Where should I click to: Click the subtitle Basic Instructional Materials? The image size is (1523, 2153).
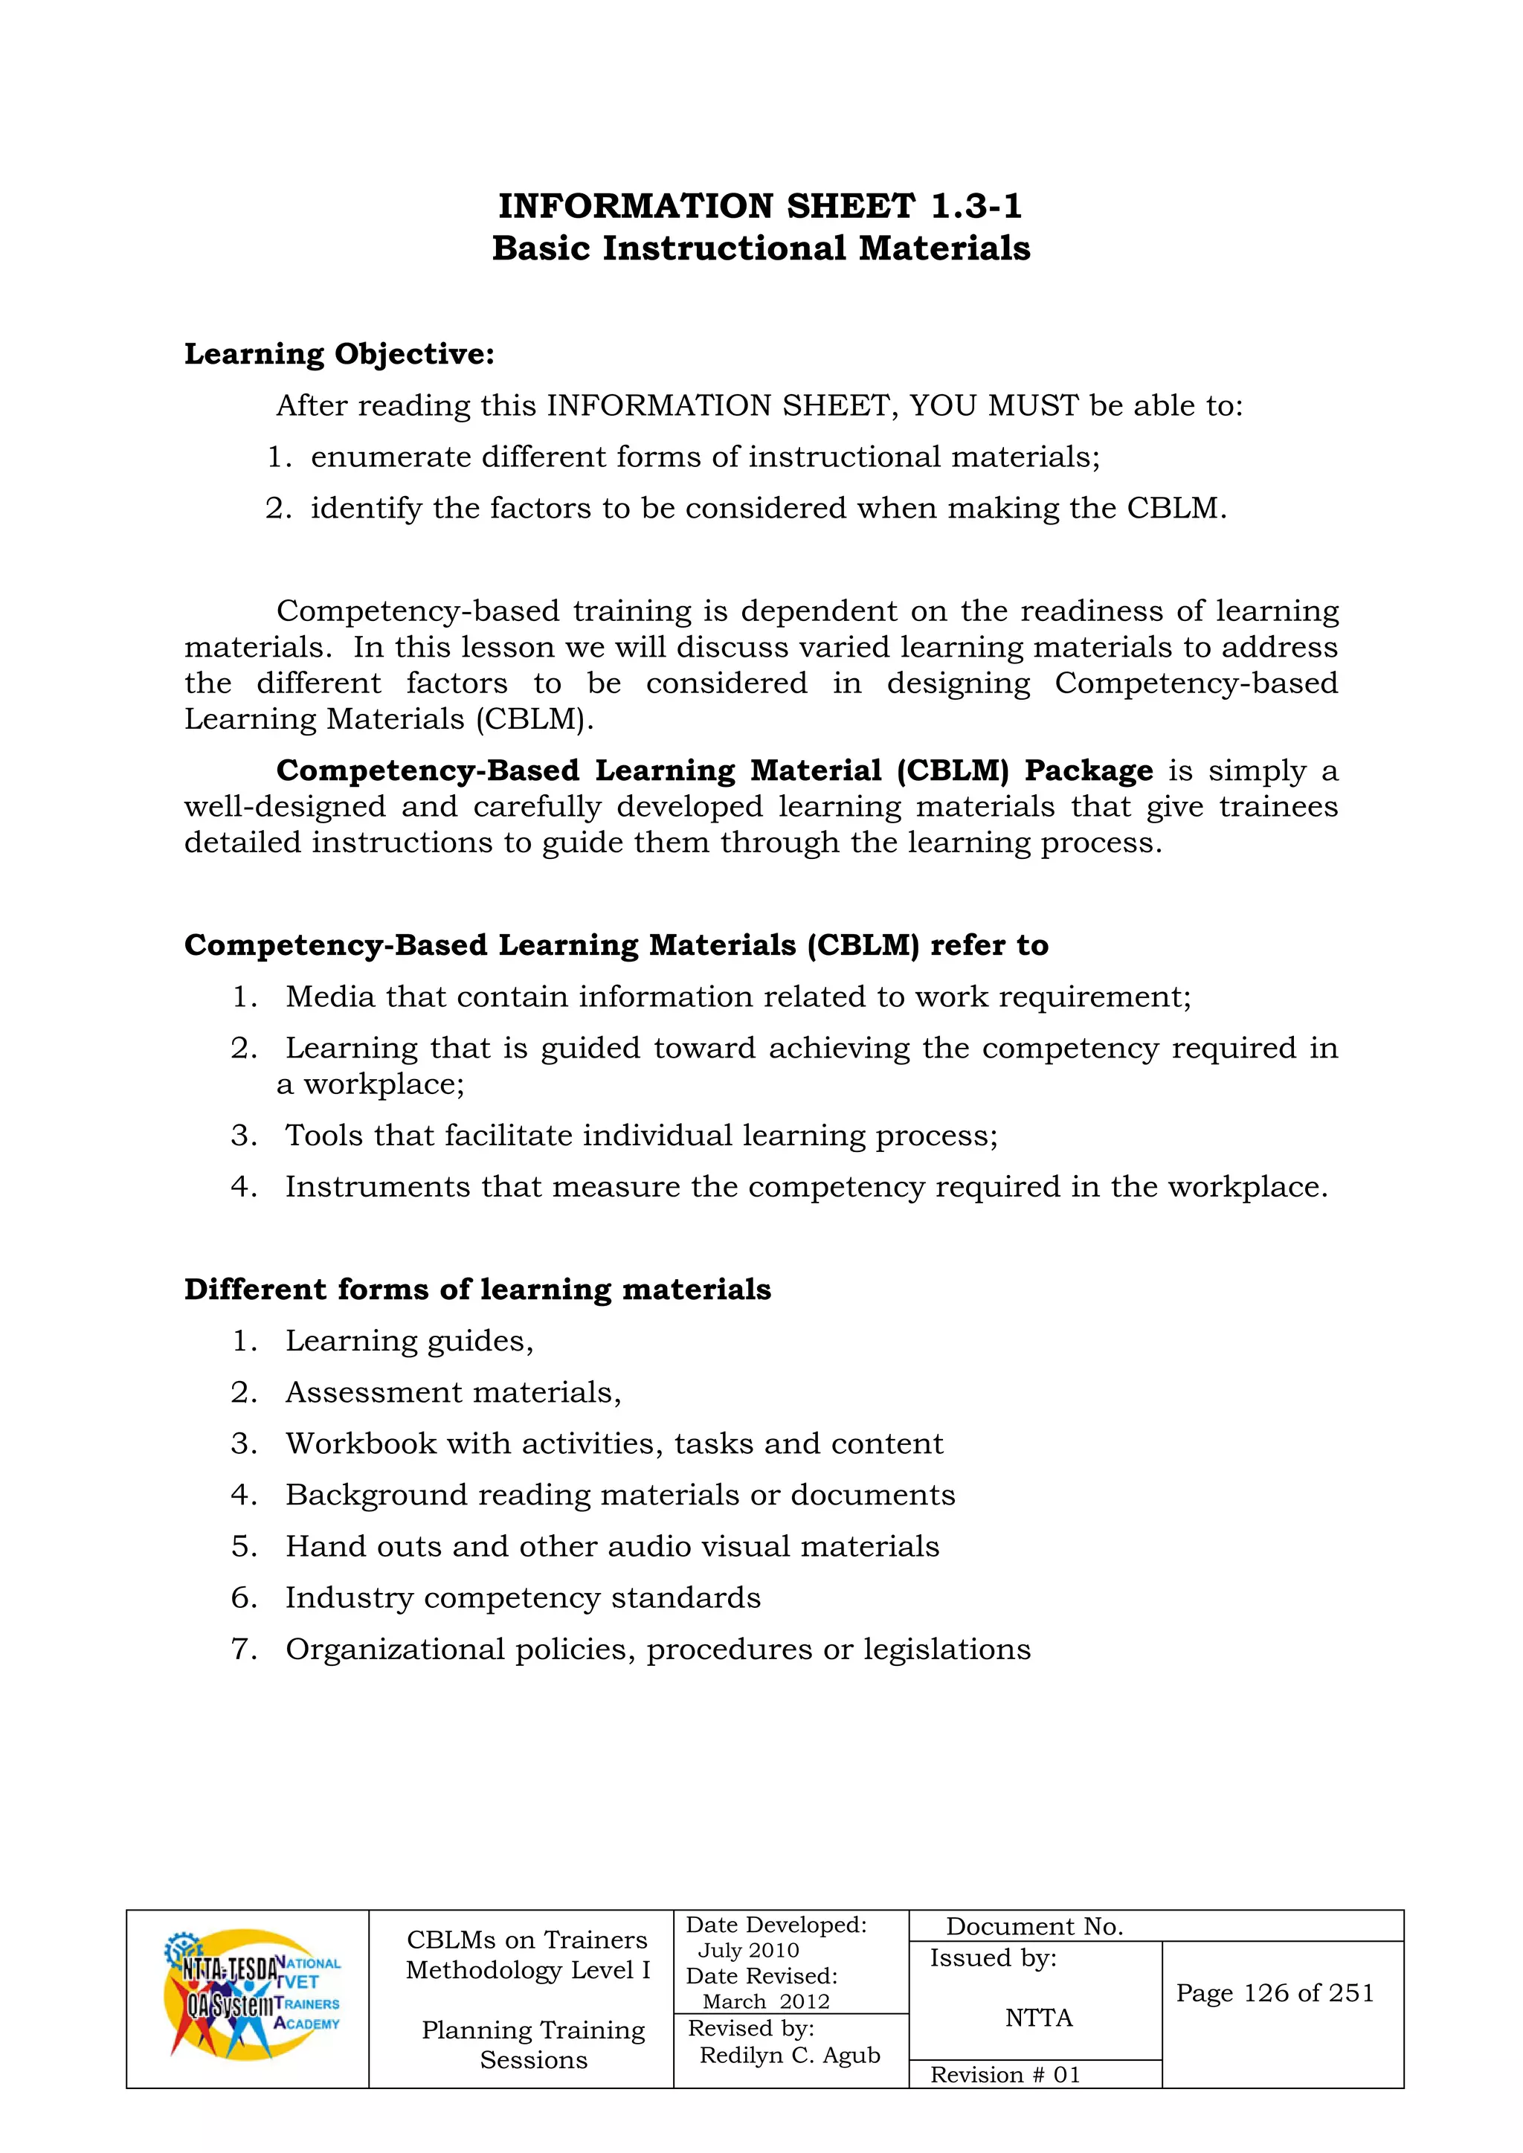(x=761, y=248)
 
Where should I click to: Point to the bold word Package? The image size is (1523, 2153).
(x=1088, y=770)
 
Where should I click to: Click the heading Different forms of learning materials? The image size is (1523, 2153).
(x=477, y=1290)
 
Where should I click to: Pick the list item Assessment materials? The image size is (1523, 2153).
(x=453, y=1392)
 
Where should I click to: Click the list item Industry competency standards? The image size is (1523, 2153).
(x=522, y=1598)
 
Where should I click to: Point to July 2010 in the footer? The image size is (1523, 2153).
(x=748, y=1951)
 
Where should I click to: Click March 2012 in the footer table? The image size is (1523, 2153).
(x=766, y=2002)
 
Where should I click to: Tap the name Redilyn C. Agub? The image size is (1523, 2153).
(x=790, y=2056)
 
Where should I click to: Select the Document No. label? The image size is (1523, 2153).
(x=1034, y=1926)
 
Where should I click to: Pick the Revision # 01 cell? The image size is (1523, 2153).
(x=1005, y=2074)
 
